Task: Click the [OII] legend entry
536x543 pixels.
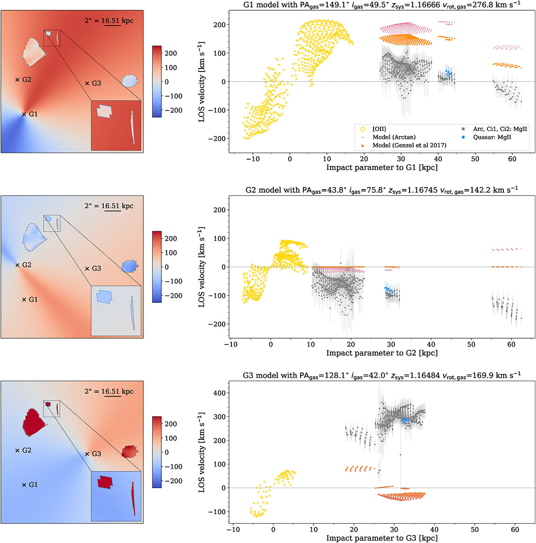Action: pos(373,129)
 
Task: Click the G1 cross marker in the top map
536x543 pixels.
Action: pos(24,115)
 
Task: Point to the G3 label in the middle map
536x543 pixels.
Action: pos(96,268)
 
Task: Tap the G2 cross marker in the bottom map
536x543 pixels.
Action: pos(17,450)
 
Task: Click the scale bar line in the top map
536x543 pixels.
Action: pos(113,25)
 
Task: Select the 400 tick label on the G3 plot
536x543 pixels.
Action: pos(220,393)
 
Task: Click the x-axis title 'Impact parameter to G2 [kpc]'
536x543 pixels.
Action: pos(382,353)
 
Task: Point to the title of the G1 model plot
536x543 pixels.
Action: pos(382,5)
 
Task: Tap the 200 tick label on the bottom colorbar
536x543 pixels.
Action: pos(171,424)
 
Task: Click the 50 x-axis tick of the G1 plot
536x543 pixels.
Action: pos(475,159)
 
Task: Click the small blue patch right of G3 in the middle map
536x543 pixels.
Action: pos(130,266)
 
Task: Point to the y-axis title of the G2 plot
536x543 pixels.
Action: pos(201,267)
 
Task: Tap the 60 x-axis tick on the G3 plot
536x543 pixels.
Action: pos(515,530)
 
